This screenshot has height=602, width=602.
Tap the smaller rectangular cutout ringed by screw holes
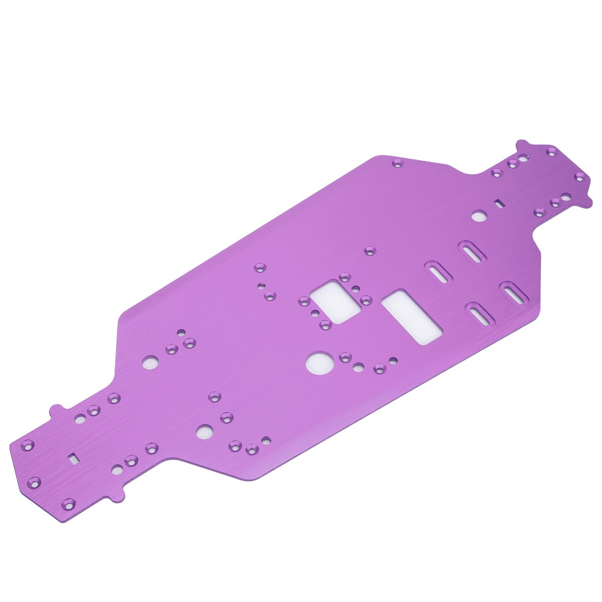pyautogui.click(x=335, y=301)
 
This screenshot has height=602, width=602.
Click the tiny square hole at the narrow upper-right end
pyautogui.click(x=499, y=203)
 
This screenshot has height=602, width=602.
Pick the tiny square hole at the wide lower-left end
pyautogui.click(x=73, y=458)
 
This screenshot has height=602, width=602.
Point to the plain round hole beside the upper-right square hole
pyautogui.click(x=479, y=215)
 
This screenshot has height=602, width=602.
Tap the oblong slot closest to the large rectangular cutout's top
pyautogui.click(x=438, y=272)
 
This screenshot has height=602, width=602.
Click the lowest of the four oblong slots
pyautogui.click(x=480, y=314)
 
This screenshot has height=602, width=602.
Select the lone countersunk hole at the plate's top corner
pyautogui.click(x=397, y=163)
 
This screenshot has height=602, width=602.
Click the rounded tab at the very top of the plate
pyautogui.click(x=521, y=144)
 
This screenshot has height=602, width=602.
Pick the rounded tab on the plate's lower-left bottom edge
pyautogui.click(x=112, y=497)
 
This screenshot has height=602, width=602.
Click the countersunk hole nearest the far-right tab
pyautogui.click(x=580, y=176)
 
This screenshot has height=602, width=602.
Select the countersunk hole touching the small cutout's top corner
pyautogui.click(x=344, y=278)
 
